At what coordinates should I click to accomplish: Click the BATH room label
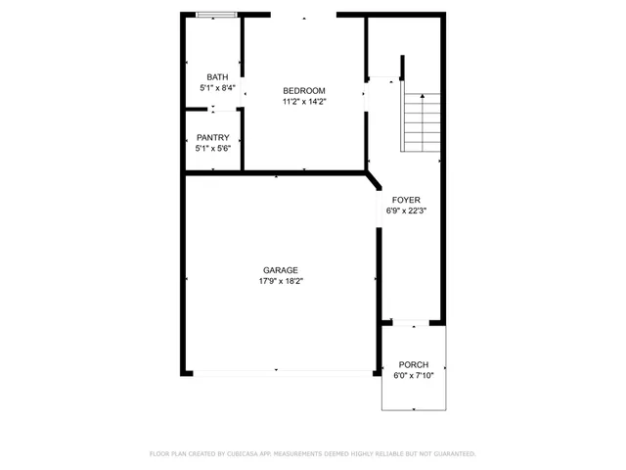(x=216, y=77)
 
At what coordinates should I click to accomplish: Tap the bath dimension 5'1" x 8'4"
(x=216, y=88)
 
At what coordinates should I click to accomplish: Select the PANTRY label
(x=212, y=137)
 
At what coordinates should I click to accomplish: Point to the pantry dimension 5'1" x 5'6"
(x=212, y=149)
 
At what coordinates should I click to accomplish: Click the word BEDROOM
(x=304, y=90)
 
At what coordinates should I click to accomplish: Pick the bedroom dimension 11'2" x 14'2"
(x=304, y=101)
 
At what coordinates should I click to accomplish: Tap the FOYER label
(x=406, y=200)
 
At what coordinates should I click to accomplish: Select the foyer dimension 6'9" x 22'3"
(x=406, y=211)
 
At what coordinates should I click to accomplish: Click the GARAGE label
(x=280, y=270)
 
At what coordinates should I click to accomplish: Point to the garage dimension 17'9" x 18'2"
(x=280, y=282)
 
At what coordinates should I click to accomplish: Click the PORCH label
(x=413, y=364)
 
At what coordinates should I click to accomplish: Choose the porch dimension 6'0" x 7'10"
(x=413, y=375)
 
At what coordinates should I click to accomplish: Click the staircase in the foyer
(x=422, y=121)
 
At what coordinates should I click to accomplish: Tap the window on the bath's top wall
(x=215, y=15)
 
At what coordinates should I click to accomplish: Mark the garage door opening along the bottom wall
(x=282, y=372)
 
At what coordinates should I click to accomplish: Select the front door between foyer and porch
(x=411, y=321)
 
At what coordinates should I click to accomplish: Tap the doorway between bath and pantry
(x=216, y=111)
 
